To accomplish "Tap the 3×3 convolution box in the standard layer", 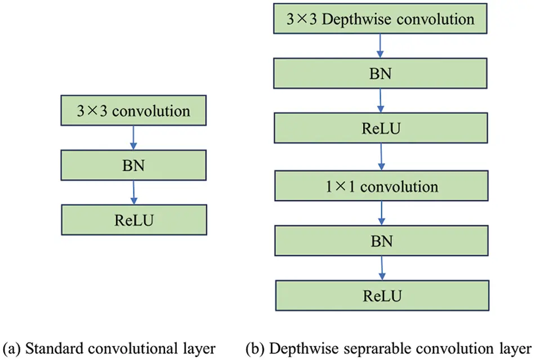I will (133, 111).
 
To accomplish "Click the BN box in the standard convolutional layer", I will (133, 166).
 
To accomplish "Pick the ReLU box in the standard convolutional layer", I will (133, 220).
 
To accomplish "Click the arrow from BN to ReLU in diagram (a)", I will (134, 193).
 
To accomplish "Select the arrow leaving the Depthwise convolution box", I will (381, 47).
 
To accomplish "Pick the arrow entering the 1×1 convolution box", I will (382, 158).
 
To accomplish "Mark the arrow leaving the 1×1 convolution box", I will (382, 213).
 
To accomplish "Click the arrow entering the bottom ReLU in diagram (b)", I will (382, 268).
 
